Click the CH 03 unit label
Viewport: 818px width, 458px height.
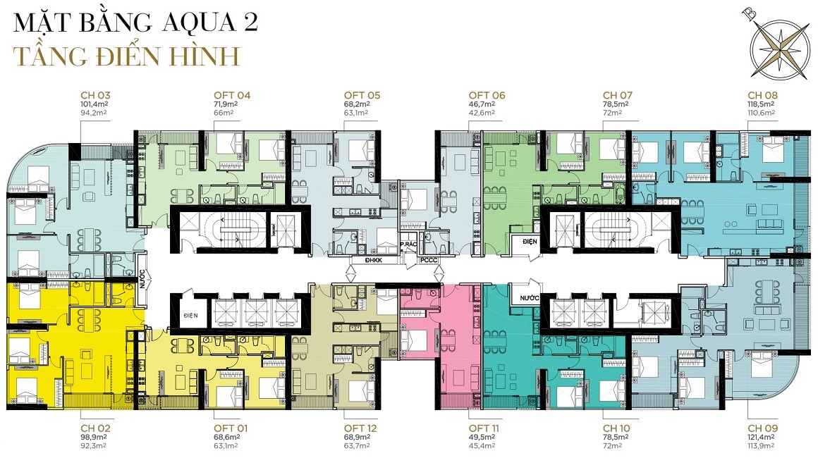(95, 95)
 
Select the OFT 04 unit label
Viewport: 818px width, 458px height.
(232, 95)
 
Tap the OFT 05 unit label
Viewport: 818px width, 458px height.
(362, 95)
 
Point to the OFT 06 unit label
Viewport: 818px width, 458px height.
(487, 95)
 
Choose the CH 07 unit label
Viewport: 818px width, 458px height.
(618, 95)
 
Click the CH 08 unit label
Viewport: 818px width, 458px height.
(763, 95)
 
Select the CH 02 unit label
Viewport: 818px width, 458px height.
(95, 428)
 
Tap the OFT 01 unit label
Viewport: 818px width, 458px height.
(231, 428)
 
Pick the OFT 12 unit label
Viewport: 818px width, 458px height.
(360, 428)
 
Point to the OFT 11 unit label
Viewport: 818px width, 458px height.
(484, 428)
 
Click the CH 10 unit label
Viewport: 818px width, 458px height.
(616, 428)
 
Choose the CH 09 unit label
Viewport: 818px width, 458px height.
(763, 428)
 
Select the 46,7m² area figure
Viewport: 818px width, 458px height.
(482, 104)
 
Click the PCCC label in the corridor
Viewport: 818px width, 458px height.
(428, 260)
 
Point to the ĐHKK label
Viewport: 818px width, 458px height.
(374, 260)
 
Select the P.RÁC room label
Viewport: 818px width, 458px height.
(408, 245)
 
